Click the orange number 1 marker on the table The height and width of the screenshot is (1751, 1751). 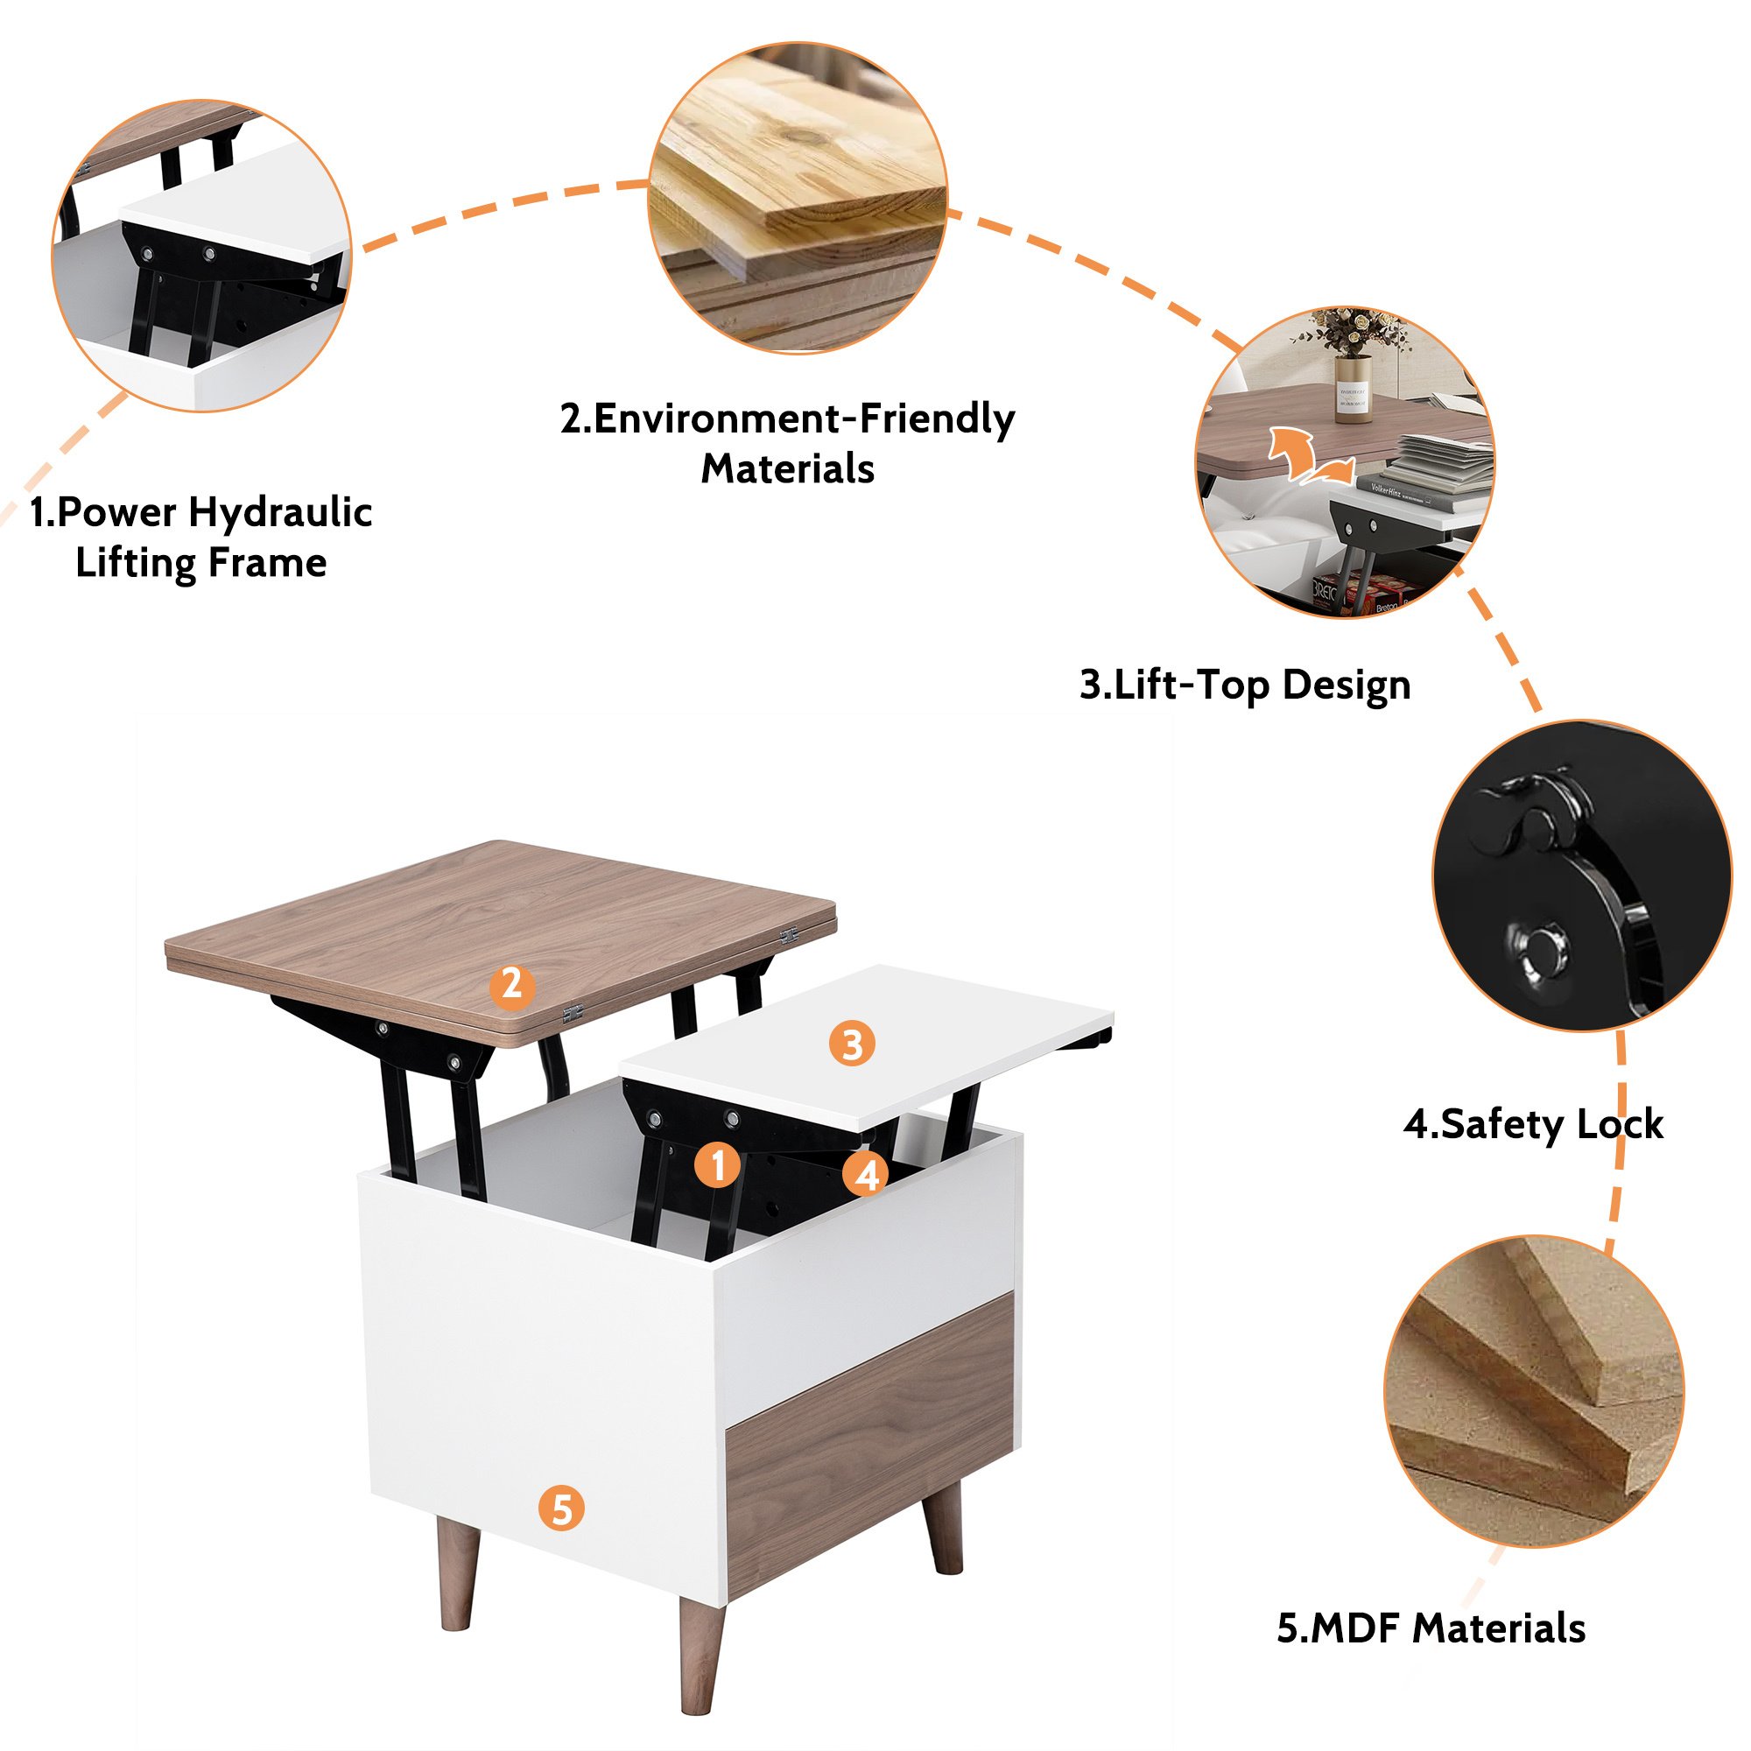(718, 1164)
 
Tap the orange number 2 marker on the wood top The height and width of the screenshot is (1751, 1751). (512, 985)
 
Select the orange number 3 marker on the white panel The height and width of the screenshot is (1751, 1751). (852, 1044)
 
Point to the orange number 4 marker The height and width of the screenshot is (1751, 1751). (867, 1176)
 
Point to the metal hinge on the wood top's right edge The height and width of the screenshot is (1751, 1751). (789, 934)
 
